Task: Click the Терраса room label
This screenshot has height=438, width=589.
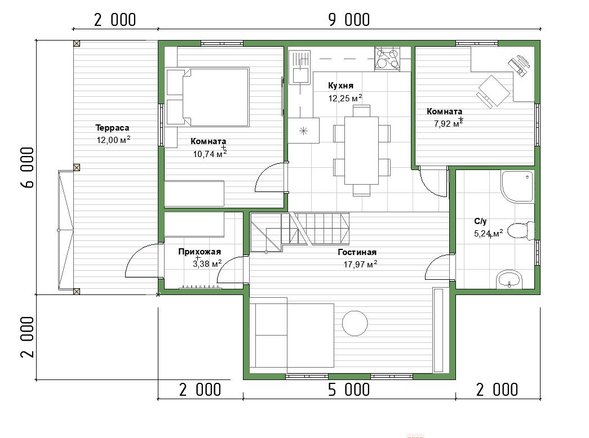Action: tap(112, 128)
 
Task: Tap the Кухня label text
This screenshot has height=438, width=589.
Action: tap(340, 86)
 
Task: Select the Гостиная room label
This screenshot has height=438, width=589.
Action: tap(357, 252)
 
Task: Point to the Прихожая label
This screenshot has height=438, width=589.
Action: tap(200, 252)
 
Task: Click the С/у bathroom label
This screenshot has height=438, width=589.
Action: tap(480, 221)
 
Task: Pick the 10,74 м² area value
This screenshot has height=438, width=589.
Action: tap(210, 154)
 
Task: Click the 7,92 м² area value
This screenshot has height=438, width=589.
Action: tap(449, 123)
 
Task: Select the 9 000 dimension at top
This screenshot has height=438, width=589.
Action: tap(349, 20)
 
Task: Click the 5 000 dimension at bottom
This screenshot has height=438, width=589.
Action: tap(349, 390)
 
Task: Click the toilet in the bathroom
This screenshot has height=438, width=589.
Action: tap(521, 230)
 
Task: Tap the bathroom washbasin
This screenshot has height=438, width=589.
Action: tap(509, 280)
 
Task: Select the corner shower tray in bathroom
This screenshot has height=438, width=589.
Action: tap(517, 186)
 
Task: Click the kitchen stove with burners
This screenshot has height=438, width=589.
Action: tap(387, 59)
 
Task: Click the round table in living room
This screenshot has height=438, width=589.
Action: tap(355, 323)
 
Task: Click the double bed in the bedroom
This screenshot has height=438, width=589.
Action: tap(208, 97)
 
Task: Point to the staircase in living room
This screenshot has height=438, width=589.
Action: tap(300, 232)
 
